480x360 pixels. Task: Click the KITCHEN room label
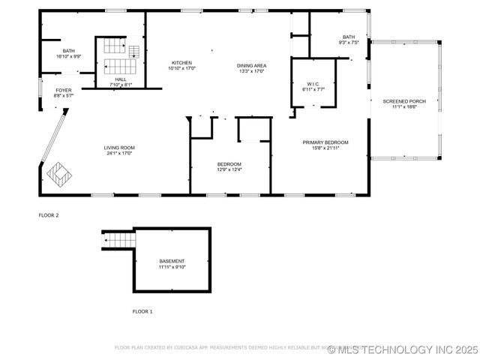(x=182, y=62)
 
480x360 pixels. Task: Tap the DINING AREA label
(x=252, y=65)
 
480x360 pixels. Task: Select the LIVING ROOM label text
(x=119, y=148)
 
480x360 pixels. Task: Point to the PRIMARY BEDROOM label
(x=325, y=142)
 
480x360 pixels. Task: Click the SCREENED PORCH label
(x=403, y=100)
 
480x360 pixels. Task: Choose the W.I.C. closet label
(x=313, y=83)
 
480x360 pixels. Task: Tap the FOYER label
(x=64, y=90)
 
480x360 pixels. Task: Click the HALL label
(x=121, y=79)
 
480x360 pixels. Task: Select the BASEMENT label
(x=172, y=261)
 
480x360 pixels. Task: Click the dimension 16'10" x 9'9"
(x=69, y=56)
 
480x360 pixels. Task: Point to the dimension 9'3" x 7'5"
(x=349, y=43)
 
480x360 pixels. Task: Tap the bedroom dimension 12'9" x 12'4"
(x=229, y=169)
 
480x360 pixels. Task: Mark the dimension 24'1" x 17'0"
(x=119, y=154)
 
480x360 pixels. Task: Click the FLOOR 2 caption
(x=49, y=215)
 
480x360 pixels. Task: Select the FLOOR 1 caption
(x=142, y=310)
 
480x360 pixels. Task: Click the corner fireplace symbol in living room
(x=58, y=174)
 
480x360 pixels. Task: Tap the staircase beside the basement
(x=118, y=241)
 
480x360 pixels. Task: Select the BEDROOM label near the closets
(x=229, y=163)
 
